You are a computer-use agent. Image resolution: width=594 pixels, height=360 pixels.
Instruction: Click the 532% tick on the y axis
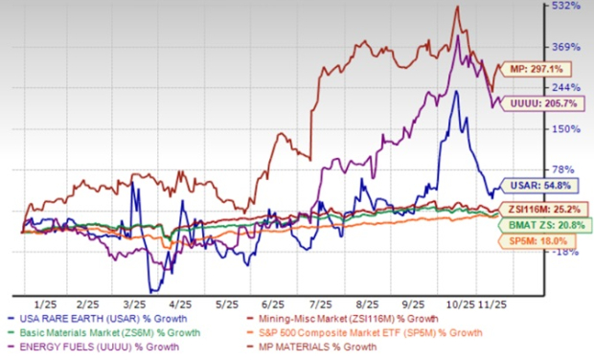(x=566, y=7)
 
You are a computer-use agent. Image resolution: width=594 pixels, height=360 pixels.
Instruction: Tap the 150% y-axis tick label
(x=566, y=128)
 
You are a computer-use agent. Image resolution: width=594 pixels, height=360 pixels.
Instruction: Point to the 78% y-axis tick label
(x=566, y=169)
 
